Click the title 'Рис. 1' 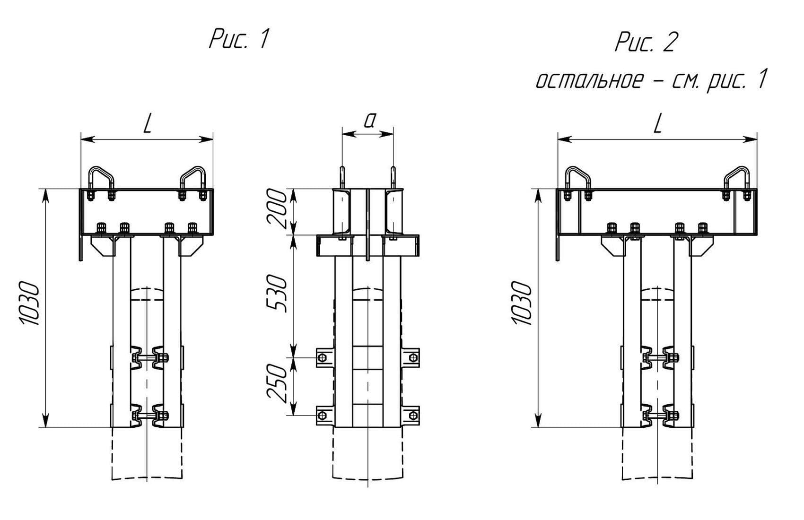tap(239, 39)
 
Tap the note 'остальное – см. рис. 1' tap(652, 81)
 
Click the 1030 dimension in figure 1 tap(29, 303)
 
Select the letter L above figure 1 tap(147, 124)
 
